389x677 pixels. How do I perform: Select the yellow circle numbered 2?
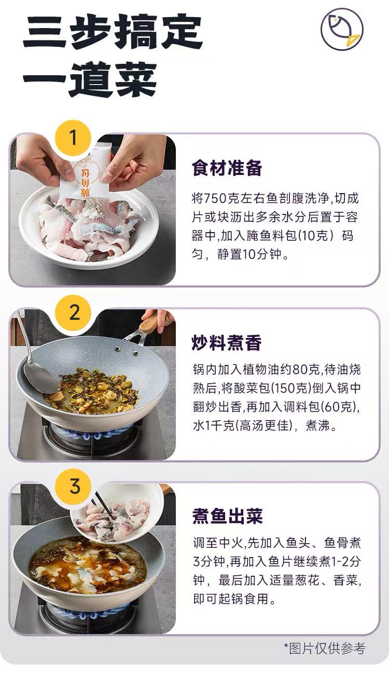(73, 313)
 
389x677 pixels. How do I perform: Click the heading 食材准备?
(227, 168)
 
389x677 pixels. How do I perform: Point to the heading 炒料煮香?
(227, 343)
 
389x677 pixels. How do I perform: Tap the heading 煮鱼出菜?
(227, 516)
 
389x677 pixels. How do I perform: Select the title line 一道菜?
(90, 79)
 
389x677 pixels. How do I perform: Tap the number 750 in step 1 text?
(215, 198)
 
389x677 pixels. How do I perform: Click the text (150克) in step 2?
(290, 388)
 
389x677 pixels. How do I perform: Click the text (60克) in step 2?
(338, 407)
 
